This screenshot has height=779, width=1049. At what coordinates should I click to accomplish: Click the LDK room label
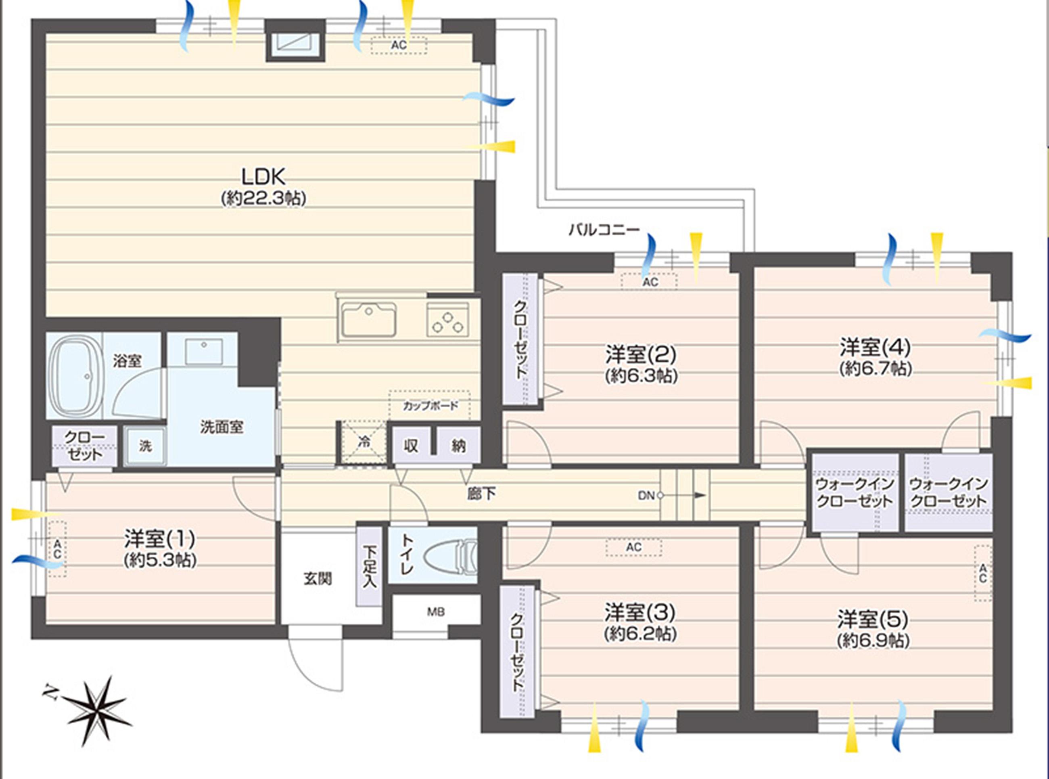point(263,177)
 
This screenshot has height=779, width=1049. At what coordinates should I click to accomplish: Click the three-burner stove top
point(448,319)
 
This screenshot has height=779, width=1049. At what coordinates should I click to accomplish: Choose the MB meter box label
point(436,612)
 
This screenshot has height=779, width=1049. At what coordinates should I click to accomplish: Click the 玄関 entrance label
point(318,578)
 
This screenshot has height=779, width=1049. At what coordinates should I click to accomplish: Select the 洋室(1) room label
point(160,538)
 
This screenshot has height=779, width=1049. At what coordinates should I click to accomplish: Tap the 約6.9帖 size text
point(873,641)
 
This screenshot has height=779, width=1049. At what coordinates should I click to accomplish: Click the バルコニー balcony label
point(604,230)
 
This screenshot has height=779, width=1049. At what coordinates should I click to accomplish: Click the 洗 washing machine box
point(145,446)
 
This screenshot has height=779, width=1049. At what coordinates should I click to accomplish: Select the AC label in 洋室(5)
point(982,574)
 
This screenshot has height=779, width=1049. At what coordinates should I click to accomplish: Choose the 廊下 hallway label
point(481,494)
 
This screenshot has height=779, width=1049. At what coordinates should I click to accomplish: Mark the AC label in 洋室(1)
point(57,549)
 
